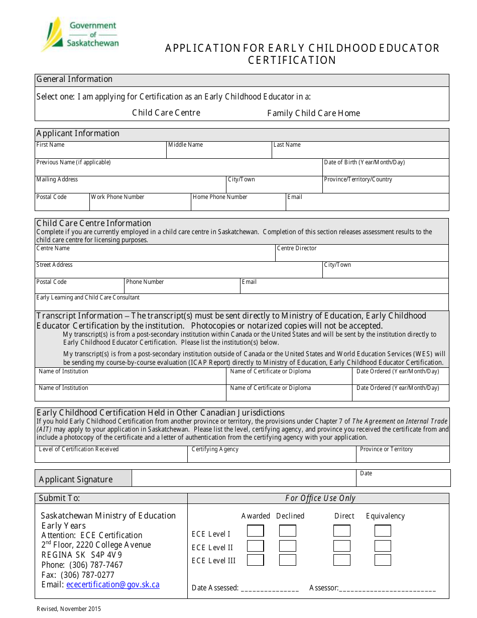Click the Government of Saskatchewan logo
pos(80,34)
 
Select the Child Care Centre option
pos(166,113)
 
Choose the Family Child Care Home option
pos(313,113)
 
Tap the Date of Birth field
pos(385,170)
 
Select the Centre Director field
pos(362,255)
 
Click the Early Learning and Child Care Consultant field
pos(241,304)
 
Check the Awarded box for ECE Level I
pos(255,531)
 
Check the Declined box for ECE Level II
pos(288,546)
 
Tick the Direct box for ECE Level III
pos(342,560)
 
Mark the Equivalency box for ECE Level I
pos(383,531)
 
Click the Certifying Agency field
pos(272,456)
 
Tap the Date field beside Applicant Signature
pos(403,480)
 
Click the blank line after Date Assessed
pos(270,588)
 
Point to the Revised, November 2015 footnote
pos(69,609)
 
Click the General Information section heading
pos(75,79)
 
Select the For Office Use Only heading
pos(320,498)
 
